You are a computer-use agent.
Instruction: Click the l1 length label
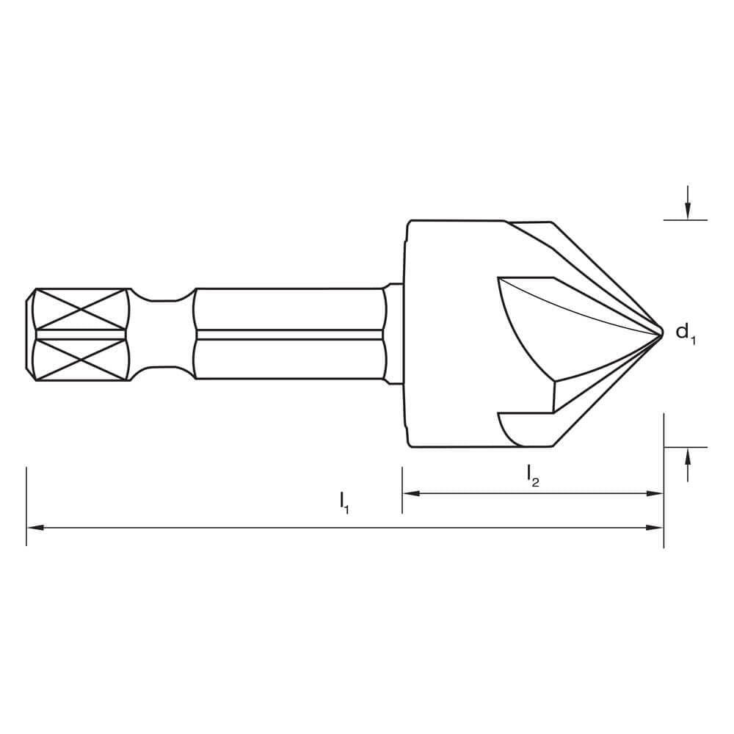[x=344, y=502]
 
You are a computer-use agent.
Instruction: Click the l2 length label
[x=533, y=476]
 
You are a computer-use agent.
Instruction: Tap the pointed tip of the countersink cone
[x=661, y=333]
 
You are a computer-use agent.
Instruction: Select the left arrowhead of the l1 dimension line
[x=34, y=527]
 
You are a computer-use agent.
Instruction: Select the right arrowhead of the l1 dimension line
[x=655, y=527]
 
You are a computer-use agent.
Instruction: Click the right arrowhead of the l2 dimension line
[x=655, y=493]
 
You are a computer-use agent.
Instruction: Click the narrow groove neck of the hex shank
[x=161, y=334]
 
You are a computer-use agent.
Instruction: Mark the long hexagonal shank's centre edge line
[x=290, y=334]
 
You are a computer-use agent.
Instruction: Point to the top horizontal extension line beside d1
[x=685, y=219]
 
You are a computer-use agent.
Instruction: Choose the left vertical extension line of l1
[x=26, y=506]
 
